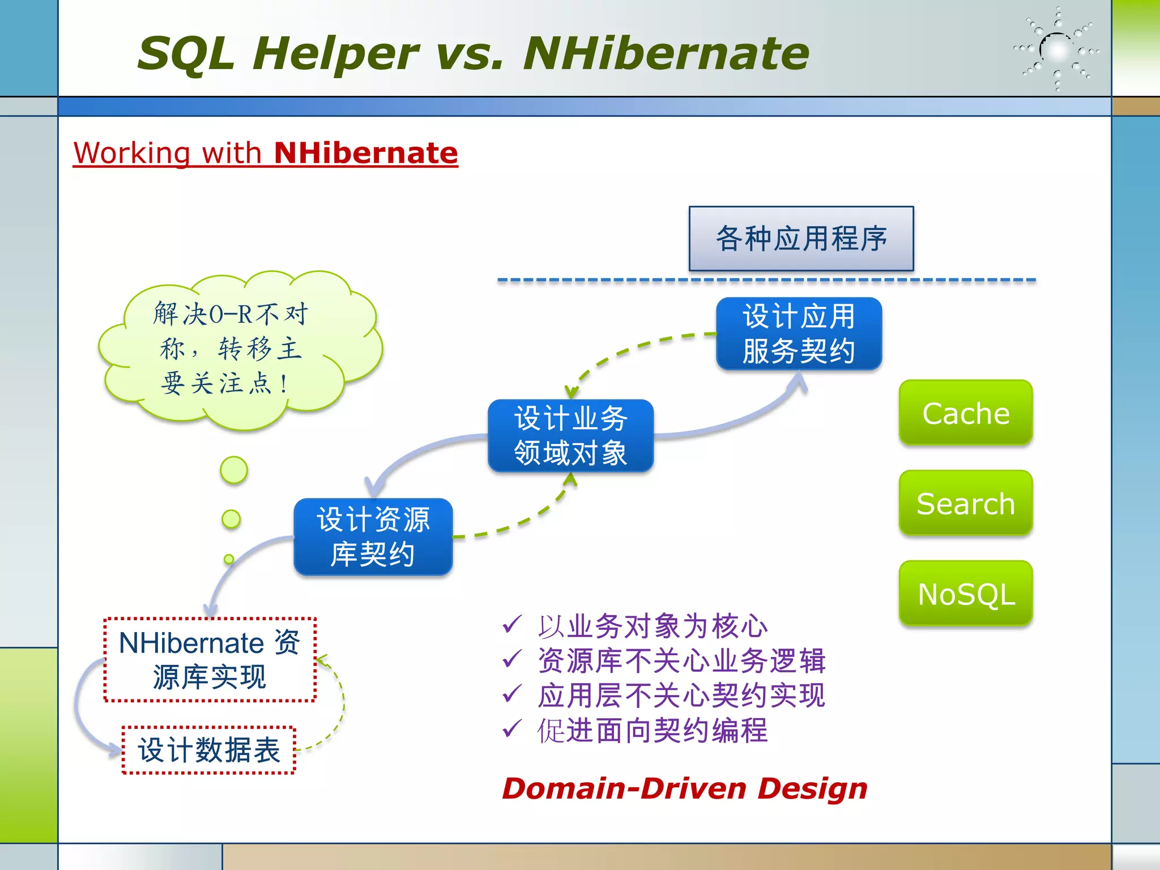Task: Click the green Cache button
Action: (966, 412)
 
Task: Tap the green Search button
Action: (966, 503)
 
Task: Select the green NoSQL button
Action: (966, 594)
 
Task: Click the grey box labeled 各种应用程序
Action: (801, 238)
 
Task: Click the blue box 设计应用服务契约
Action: (799, 334)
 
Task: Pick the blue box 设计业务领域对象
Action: (570, 436)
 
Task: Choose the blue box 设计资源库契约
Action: (373, 536)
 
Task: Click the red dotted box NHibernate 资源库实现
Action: (210, 660)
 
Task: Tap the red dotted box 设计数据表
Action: (209, 750)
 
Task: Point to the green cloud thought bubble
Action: (238, 348)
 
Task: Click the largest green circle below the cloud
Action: (234, 470)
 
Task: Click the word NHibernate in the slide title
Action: (666, 53)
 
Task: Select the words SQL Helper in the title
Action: (278, 53)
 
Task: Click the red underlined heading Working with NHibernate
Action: (265, 153)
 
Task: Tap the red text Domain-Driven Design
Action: (684, 788)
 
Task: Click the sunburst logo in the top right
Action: (1057, 50)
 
